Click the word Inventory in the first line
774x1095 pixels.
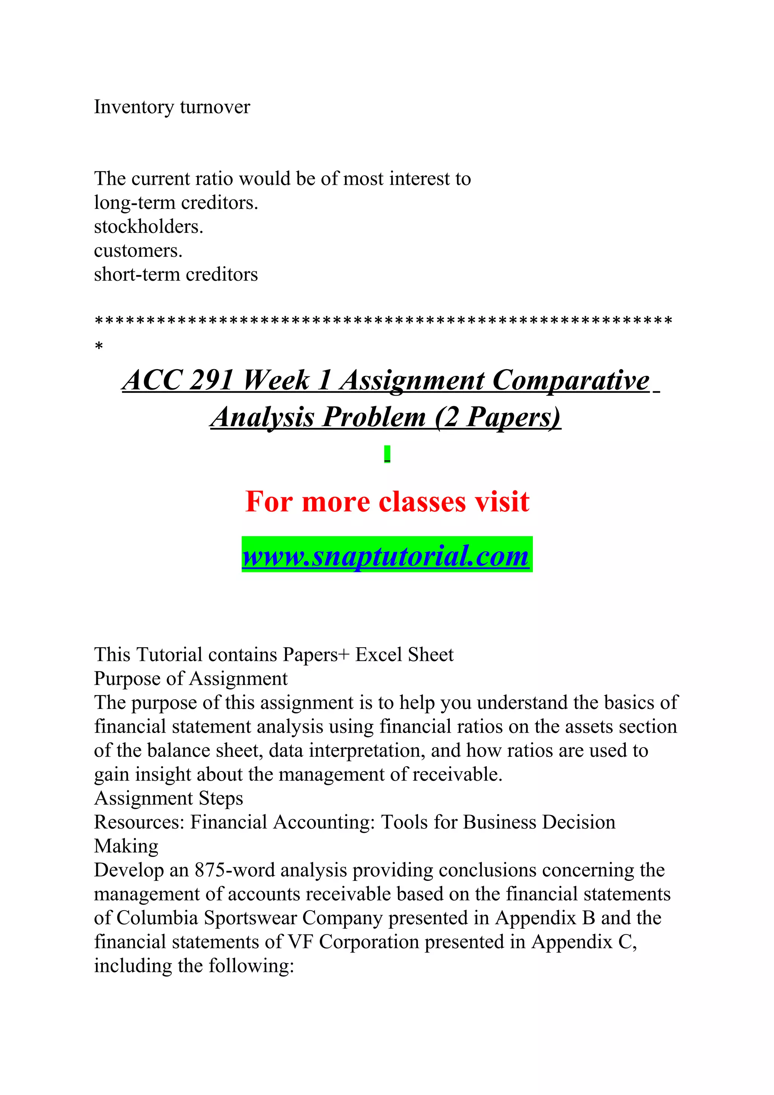point(133,107)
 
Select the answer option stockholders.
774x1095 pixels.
point(148,227)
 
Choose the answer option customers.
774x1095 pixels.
point(138,251)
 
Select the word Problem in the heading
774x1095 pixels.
point(374,417)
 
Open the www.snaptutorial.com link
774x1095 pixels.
point(386,555)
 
